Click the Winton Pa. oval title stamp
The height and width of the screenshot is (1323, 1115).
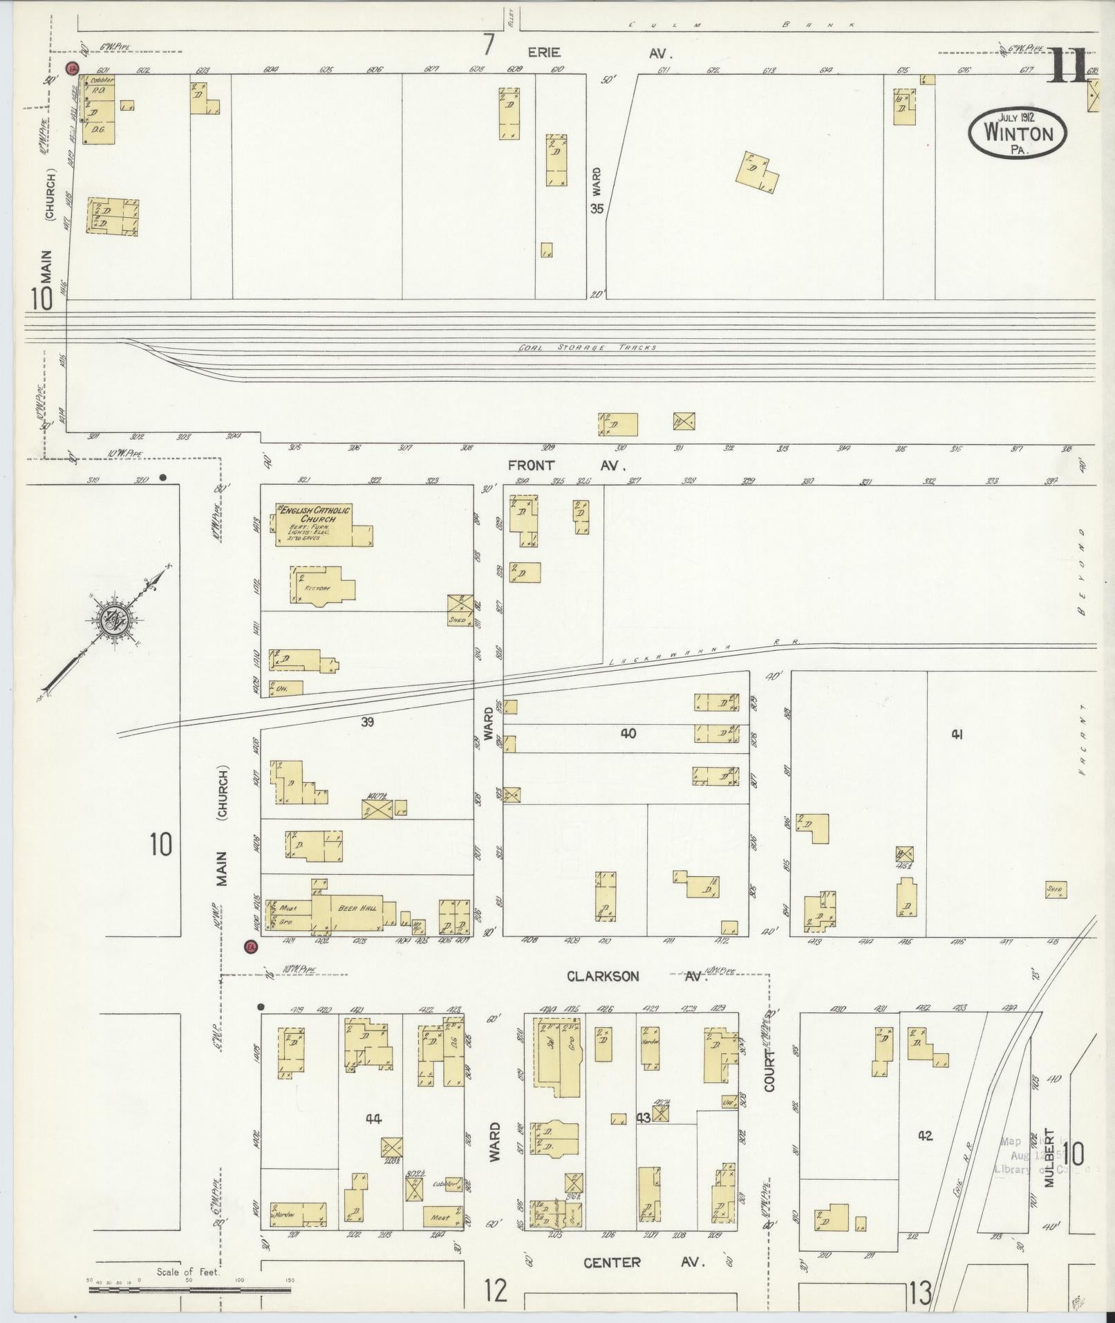tap(1016, 132)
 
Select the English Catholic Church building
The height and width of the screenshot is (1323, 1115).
tap(322, 525)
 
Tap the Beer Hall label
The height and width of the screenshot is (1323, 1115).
tap(357, 907)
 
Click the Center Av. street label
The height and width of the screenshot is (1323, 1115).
tap(642, 1262)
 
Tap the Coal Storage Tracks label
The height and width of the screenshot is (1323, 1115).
tap(587, 348)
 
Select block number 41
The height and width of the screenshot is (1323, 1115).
tap(957, 734)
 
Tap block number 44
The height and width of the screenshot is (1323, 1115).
tap(374, 1119)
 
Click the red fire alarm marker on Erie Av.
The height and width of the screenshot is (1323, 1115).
tap(71, 68)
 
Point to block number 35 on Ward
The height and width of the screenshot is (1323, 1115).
tap(597, 207)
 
